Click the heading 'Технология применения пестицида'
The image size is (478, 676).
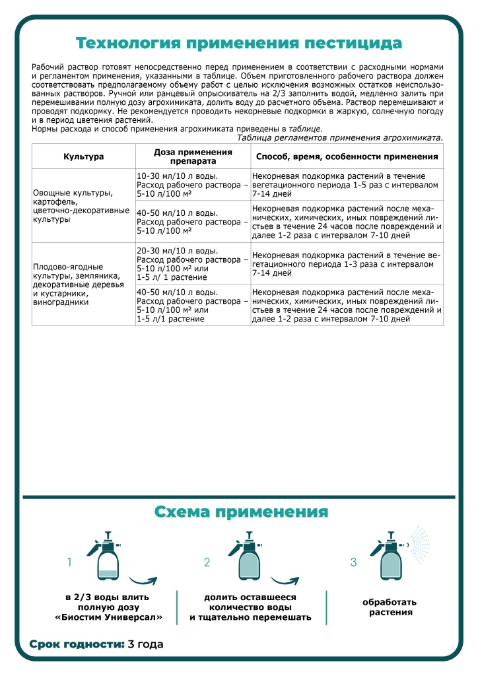[238, 44]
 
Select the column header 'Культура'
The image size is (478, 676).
[83, 157]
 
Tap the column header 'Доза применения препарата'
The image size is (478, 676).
[193, 156]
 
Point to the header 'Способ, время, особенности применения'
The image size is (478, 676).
[347, 157]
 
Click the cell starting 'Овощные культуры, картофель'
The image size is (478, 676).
[83, 206]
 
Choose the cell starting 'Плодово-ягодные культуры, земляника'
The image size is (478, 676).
[83, 284]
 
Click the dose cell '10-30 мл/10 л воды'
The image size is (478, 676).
[193, 186]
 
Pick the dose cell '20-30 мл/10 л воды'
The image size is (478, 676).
[193, 264]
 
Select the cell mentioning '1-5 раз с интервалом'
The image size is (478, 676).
[347, 186]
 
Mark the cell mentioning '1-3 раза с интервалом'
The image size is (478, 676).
[347, 263]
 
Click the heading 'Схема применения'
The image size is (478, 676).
[241, 512]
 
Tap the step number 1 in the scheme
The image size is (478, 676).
[69, 562]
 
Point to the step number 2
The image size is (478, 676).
[207, 562]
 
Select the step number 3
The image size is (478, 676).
[353, 562]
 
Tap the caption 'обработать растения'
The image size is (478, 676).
[390, 607]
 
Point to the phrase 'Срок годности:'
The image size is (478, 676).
[77, 644]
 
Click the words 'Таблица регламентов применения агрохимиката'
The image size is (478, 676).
[339, 137]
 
